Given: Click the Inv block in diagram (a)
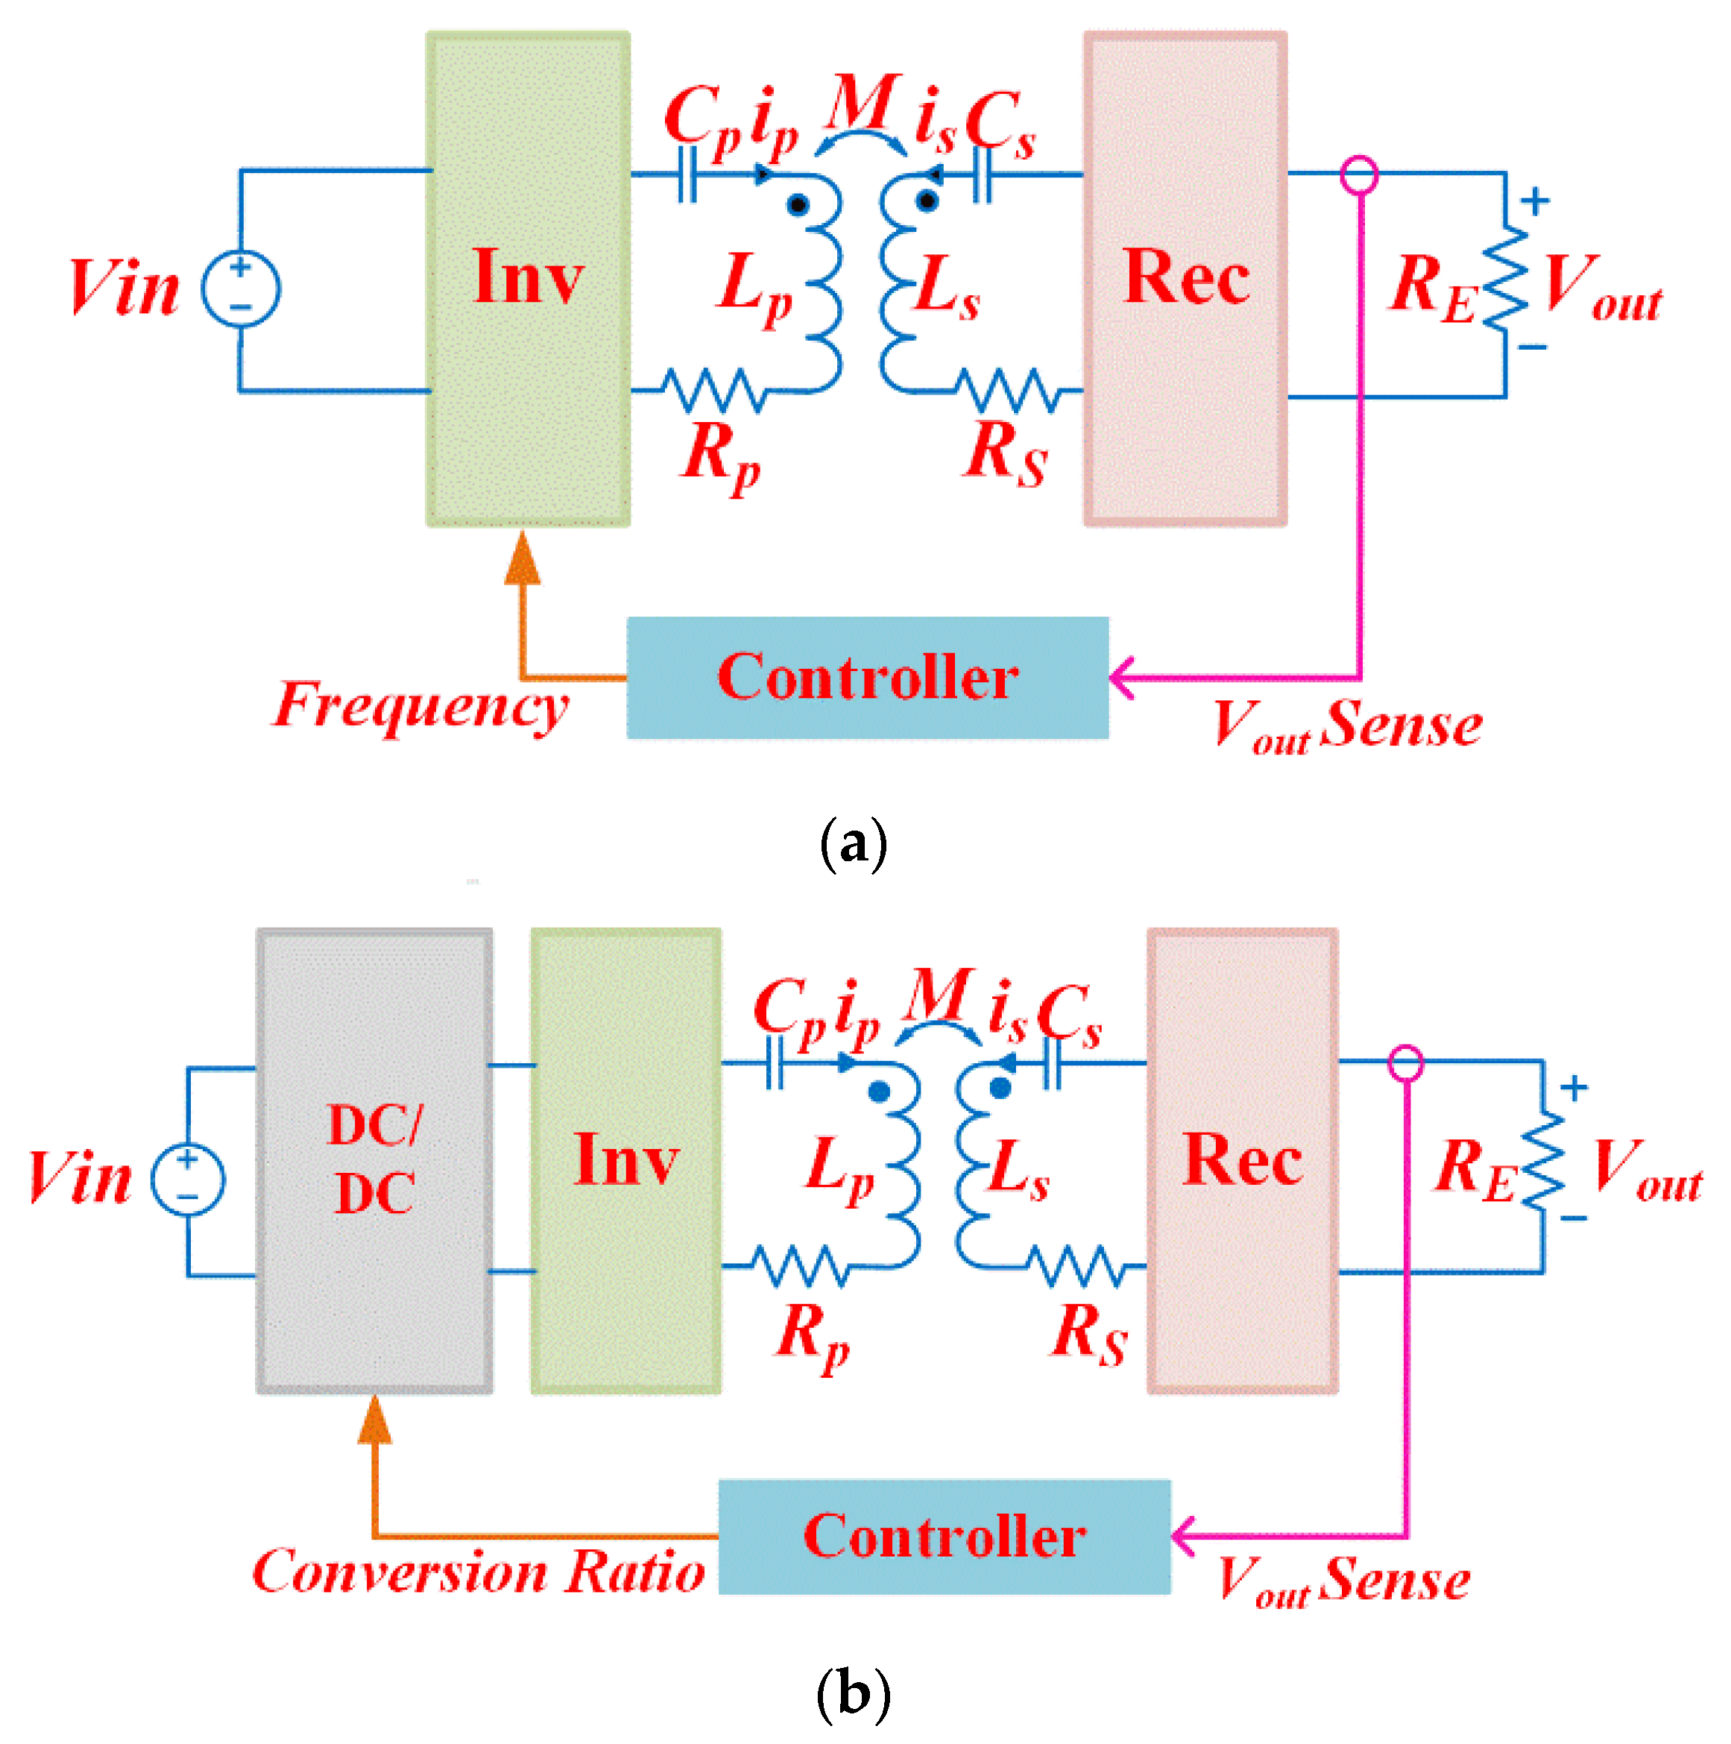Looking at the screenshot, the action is (528, 279).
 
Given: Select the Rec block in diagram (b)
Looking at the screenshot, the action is (1243, 1161).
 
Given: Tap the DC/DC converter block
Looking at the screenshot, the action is (374, 1161).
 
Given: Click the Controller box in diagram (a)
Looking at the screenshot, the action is (867, 678).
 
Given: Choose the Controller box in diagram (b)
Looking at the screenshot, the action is (944, 1537).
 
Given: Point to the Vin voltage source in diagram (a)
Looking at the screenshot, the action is (240, 289).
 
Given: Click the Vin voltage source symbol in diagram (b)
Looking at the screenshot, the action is (188, 1179).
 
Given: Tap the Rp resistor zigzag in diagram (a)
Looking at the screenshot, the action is (715, 391).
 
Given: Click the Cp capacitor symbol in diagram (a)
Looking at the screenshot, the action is (688, 174).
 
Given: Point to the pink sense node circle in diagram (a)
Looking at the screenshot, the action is (1359, 175).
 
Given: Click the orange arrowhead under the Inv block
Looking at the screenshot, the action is (523, 557).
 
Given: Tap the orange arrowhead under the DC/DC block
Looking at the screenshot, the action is (374, 1420).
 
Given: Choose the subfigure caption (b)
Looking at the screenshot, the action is (853, 1693).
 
